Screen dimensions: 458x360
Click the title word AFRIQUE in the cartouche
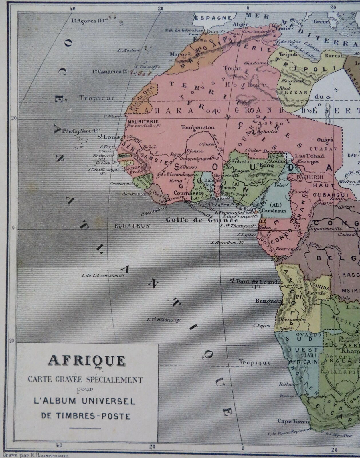coord(86,361)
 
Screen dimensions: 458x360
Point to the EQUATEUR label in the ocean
coord(132,226)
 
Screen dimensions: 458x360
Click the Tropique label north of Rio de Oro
coord(97,98)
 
